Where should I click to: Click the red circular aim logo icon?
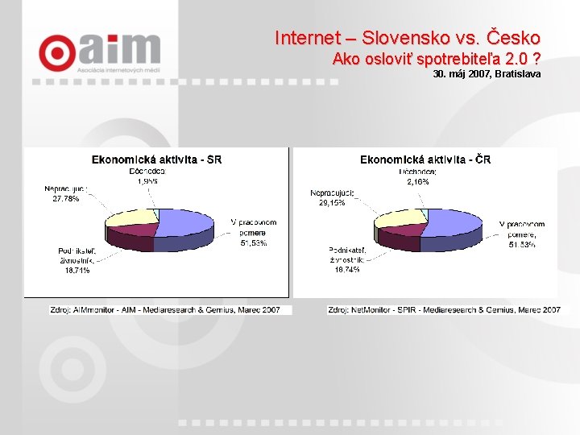pos(57,52)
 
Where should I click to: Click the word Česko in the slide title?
pos(511,38)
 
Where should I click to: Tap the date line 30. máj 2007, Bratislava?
pos(487,74)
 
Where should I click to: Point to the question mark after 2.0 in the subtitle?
pos(536,59)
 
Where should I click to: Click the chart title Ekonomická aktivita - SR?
pos(157,159)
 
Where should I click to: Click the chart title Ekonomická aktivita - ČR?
pos(425,159)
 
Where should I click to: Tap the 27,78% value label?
pos(65,199)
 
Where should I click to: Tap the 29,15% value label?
pos(331,203)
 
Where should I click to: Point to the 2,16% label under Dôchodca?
pos(417,182)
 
